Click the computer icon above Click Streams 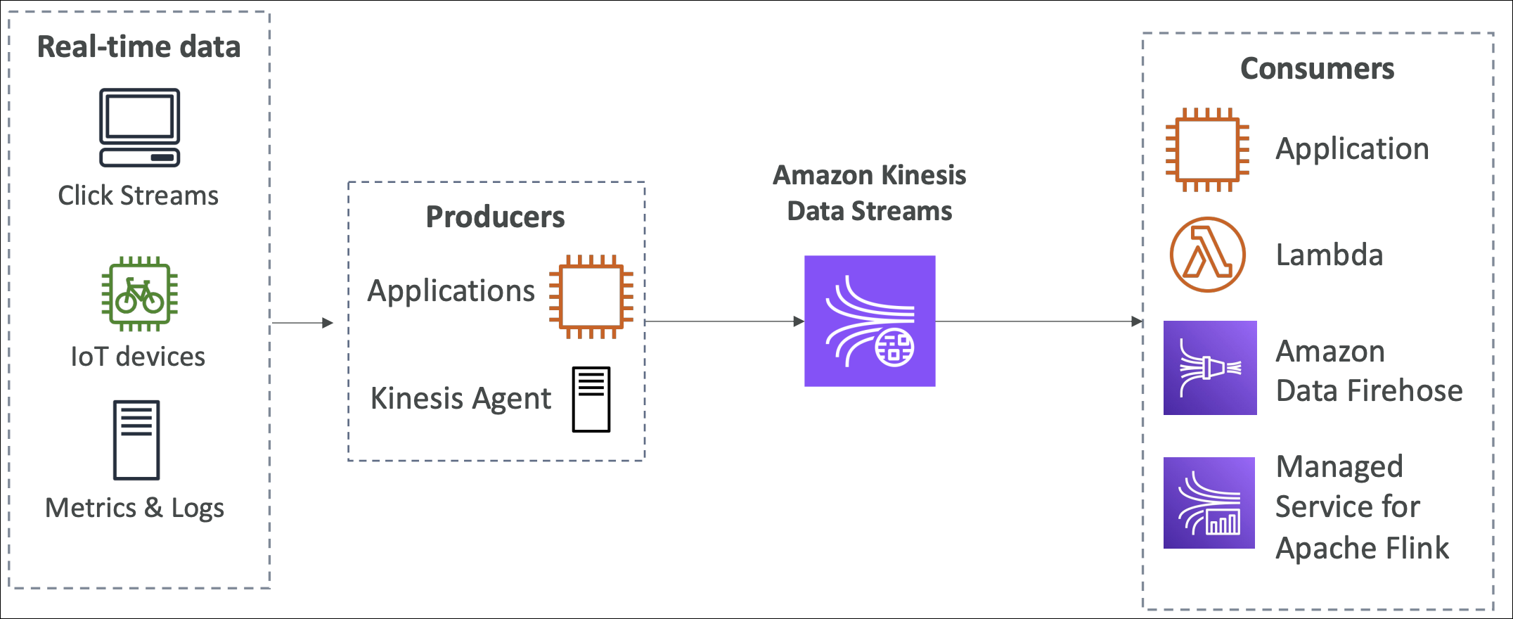click(139, 127)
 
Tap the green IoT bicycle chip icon click(139, 293)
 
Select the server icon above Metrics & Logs click(136, 440)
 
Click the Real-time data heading click(139, 47)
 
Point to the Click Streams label click(138, 196)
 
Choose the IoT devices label click(138, 357)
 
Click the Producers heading click(495, 217)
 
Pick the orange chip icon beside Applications click(591, 296)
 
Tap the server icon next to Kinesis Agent click(591, 399)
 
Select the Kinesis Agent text click(461, 399)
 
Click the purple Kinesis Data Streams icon click(870, 321)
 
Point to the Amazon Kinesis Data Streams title click(869, 193)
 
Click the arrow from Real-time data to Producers click(302, 323)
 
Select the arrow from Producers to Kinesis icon click(724, 321)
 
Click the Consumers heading click(1317, 69)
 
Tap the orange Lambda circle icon click(1207, 255)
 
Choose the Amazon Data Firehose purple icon click(1210, 368)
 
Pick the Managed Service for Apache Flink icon click(1209, 503)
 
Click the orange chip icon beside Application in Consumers click(1207, 149)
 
